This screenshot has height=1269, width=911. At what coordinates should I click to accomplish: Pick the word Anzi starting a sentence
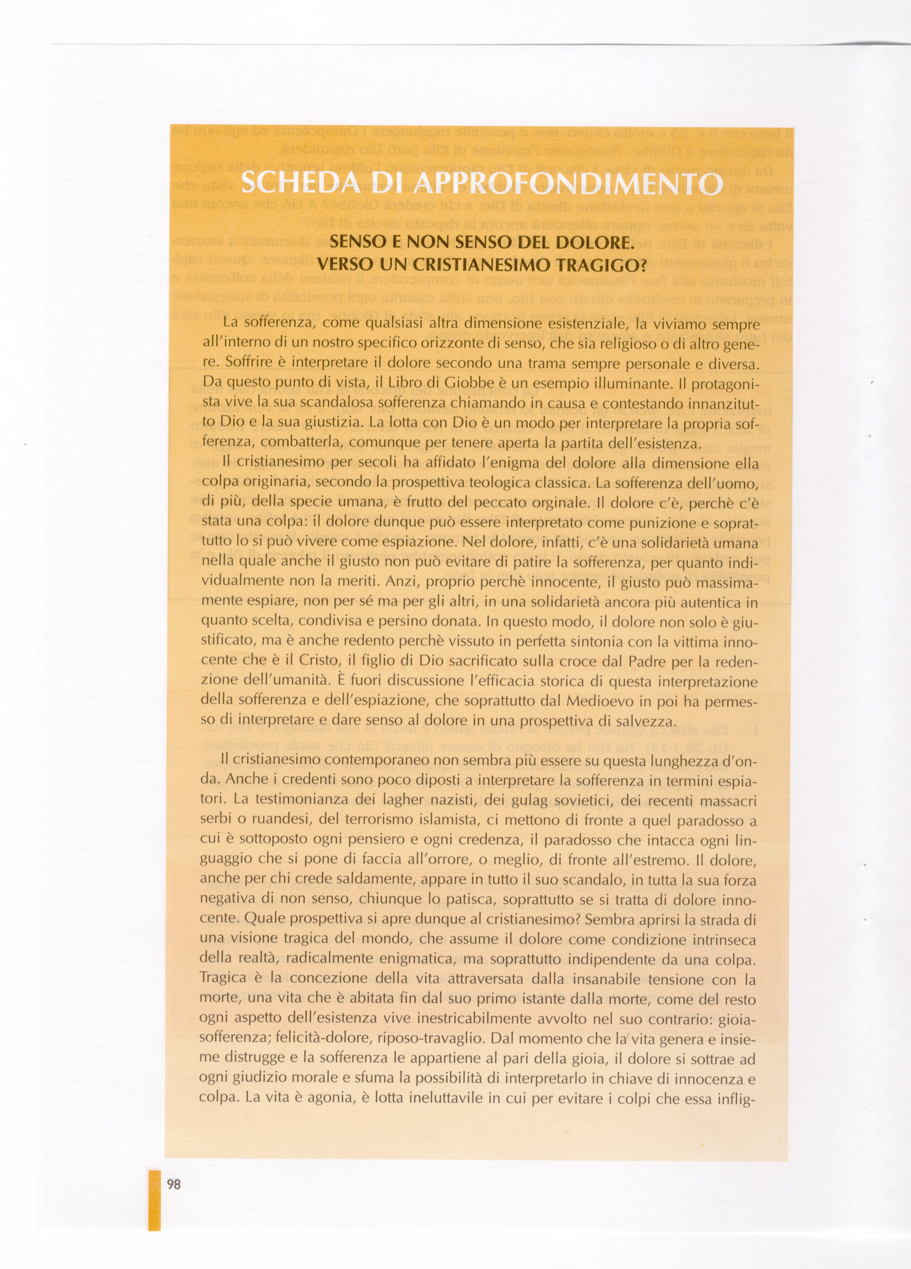(x=398, y=582)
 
